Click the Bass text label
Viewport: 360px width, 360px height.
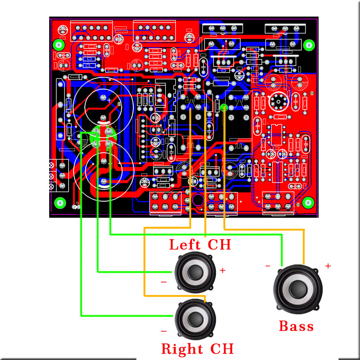pyautogui.click(x=296, y=326)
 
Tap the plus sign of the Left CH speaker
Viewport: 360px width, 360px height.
pyautogui.click(x=223, y=270)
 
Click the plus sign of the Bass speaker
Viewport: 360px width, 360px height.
pyautogui.click(x=328, y=266)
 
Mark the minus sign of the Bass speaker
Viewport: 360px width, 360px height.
pyautogui.click(x=268, y=266)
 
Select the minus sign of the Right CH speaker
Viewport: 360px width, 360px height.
pyautogui.click(x=164, y=331)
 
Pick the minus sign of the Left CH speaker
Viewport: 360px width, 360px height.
pyautogui.click(x=164, y=282)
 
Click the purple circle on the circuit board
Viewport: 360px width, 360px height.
pyautogui.click(x=198, y=200)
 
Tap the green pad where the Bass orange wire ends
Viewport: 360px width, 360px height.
pyautogui.click(x=224, y=108)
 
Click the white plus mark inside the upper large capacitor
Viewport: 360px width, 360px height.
pyautogui.click(x=110, y=101)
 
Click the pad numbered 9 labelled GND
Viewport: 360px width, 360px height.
pyautogui.click(x=109, y=132)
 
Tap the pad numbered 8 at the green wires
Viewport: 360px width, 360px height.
pyautogui.click(x=95, y=132)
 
